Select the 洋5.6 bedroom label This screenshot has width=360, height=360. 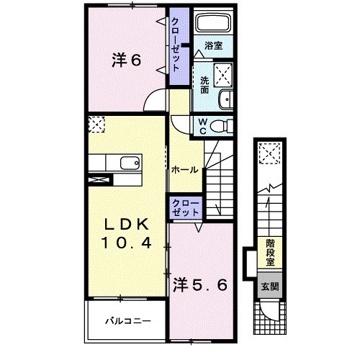coord(200,285)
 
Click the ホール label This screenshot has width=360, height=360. coord(184,169)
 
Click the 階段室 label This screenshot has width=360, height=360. coord(270,253)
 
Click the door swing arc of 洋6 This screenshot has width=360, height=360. coord(153,101)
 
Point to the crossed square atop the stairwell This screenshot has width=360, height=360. coord(271,153)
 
